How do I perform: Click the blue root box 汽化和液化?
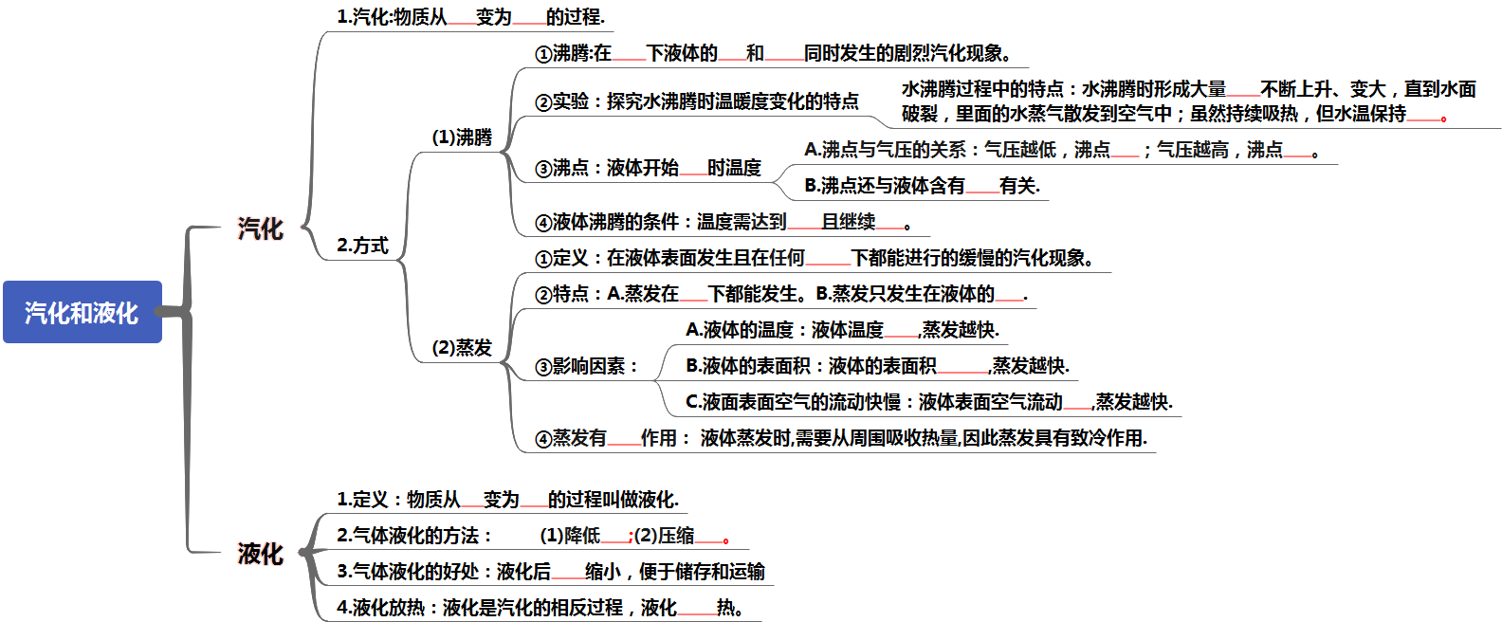pos(82,312)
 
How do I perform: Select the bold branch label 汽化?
pos(260,229)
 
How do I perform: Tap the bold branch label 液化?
pos(260,554)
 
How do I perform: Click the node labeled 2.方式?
pos(362,246)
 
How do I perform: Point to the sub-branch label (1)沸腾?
pos(462,137)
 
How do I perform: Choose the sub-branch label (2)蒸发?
pos(462,347)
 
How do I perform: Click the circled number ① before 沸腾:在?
pos(543,54)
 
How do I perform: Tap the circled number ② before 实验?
pos(543,101)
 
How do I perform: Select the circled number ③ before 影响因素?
pos(543,367)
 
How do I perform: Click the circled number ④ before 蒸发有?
pos(543,439)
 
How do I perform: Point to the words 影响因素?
pos(589,366)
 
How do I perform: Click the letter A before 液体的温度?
pos(692,330)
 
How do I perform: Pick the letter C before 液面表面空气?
pos(692,402)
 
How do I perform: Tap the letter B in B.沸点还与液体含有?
pos(812,186)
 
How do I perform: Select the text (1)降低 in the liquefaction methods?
pos(570,536)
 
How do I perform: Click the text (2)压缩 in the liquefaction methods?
pos(665,536)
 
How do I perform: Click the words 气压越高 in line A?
pos(1193,150)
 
